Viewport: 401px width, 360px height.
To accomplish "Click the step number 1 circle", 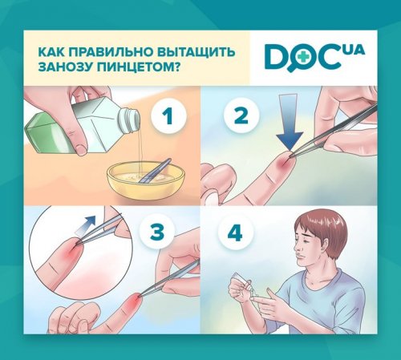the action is [x=168, y=115].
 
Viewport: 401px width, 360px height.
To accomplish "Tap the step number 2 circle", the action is [x=241, y=115].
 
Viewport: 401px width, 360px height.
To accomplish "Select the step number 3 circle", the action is [x=157, y=232].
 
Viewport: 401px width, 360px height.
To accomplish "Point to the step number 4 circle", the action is [x=235, y=232].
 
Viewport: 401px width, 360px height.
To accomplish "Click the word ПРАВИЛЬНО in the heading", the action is [x=110, y=51].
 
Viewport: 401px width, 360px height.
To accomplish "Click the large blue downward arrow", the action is [x=290, y=122].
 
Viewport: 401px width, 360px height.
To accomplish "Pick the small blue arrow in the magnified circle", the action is [x=85, y=224].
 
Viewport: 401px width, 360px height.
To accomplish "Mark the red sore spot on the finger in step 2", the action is [x=282, y=162].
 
